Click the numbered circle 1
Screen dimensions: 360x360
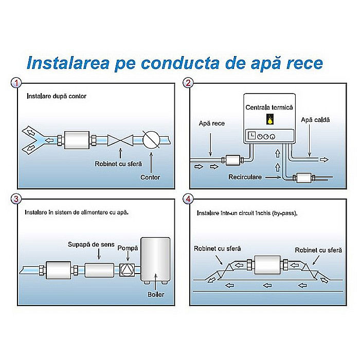[x=16, y=83]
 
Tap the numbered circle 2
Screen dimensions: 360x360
[x=188, y=83]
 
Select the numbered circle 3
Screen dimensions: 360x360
[x=16, y=199]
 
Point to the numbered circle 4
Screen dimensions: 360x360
[x=188, y=199]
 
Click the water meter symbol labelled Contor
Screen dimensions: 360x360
[x=151, y=139]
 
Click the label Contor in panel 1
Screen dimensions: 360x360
[x=150, y=177]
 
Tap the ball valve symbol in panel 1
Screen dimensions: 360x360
[x=120, y=140]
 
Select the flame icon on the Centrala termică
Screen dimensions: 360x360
[x=270, y=119]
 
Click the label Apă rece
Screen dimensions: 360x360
[x=212, y=123]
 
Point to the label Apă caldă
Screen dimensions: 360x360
[x=315, y=120]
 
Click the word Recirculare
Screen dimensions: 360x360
[x=245, y=177]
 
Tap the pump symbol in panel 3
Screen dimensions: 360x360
[x=127, y=270]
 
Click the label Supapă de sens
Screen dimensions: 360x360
[x=91, y=245]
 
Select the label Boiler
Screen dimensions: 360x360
[x=156, y=294]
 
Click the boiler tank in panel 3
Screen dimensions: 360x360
[x=155, y=260]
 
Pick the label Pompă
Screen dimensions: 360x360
[x=128, y=248]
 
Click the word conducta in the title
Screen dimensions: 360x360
[x=180, y=63]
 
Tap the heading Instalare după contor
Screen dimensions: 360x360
[x=57, y=96]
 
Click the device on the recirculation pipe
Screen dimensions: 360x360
[x=304, y=178]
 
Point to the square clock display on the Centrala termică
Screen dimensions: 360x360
[x=251, y=135]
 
